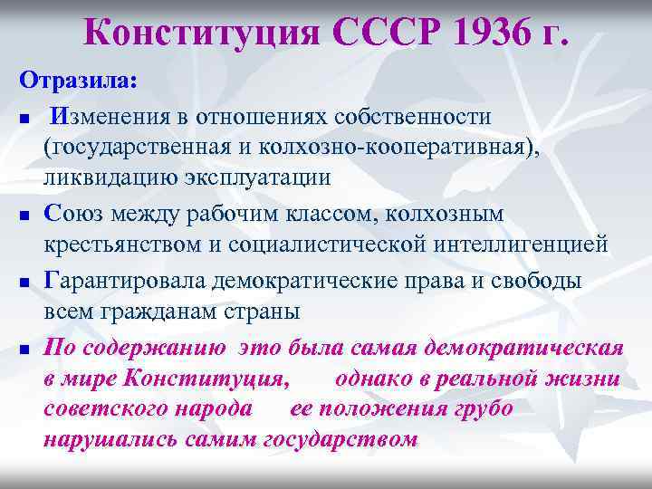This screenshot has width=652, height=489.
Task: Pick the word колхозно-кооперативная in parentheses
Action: pyautogui.click(x=386, y=147)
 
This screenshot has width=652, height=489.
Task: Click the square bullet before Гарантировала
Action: pyautogui.click(x=24, y=284)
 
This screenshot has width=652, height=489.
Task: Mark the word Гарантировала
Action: pyautogui.click(x=126, y=282)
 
